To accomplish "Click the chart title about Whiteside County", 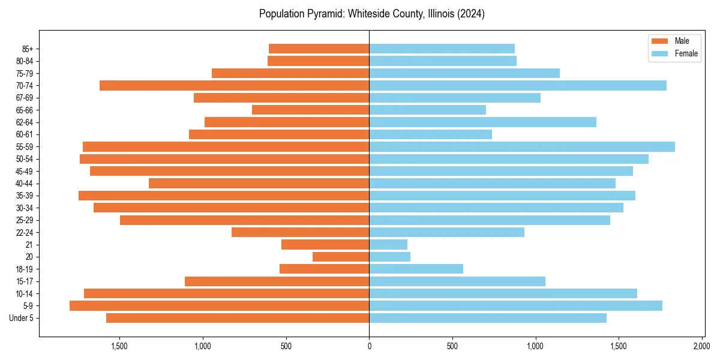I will click(371, 14).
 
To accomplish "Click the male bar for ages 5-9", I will click(219, 306).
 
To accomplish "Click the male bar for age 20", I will click(341, 257).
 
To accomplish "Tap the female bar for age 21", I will click(388, 245).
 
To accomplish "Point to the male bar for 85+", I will click(319, 49).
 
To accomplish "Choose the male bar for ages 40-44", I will click(259, 184).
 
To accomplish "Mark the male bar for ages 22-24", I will click(300, 232).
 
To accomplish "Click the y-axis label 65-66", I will click(24, 110).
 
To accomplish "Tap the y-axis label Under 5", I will click(22, 318).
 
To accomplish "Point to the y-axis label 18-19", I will click(24, 269).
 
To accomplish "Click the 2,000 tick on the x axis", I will click(702, 346).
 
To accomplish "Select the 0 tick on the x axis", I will click(369, 346).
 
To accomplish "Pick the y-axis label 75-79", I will click(24, 73).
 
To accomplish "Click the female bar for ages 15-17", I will click(457, 281).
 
